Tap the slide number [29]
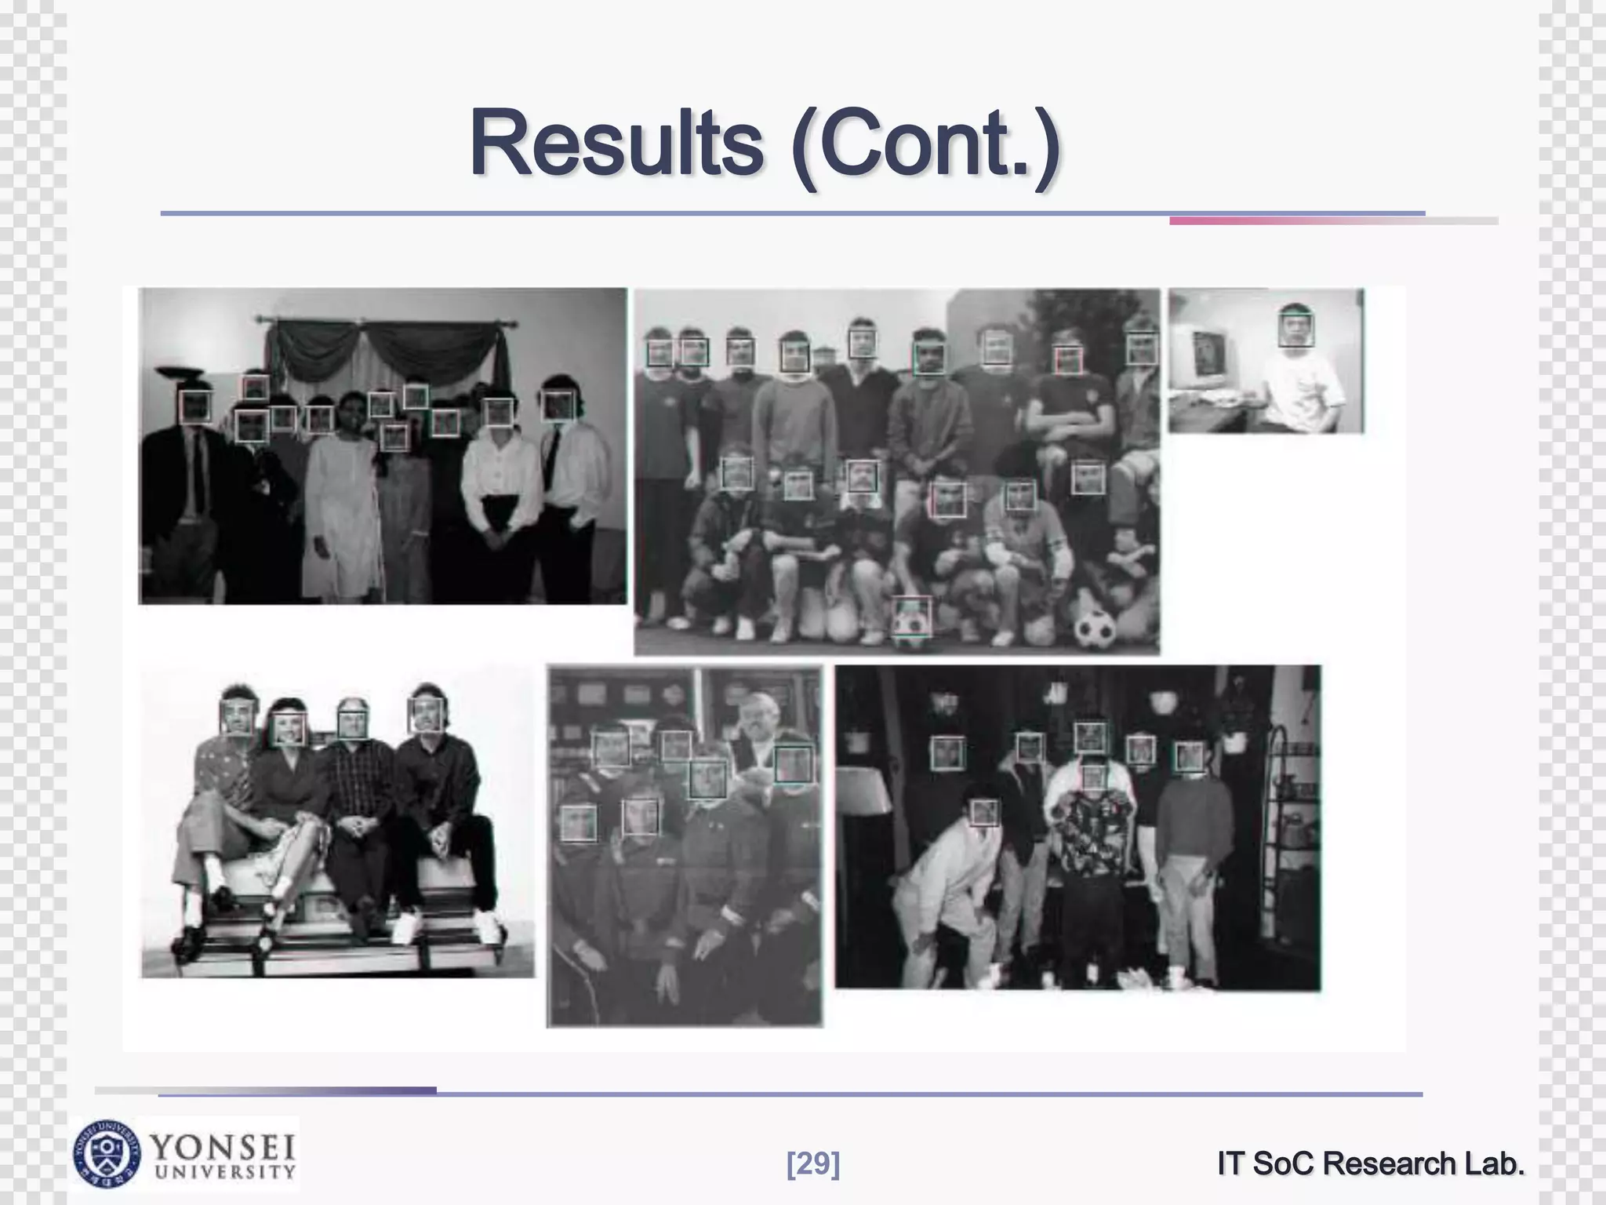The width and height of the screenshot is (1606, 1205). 812,1164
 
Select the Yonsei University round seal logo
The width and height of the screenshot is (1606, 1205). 107,1153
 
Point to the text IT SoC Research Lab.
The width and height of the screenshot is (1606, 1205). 1370,1164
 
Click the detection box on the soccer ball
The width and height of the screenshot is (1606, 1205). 911,617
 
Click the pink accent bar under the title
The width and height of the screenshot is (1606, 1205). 1294,221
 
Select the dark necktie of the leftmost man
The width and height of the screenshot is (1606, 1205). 198,471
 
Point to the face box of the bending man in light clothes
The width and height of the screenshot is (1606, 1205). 984,812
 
